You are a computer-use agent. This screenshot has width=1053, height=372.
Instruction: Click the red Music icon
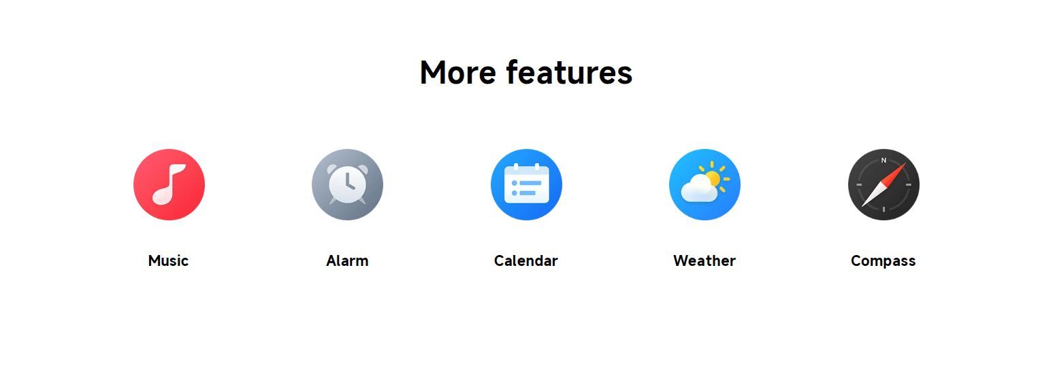(x=169, y=184)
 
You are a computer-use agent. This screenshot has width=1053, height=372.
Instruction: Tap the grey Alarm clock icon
(x=347, y=184)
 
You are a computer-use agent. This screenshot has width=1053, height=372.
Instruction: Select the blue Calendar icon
(x=527, y=184)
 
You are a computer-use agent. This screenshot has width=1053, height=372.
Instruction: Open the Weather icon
(x=704, y=184)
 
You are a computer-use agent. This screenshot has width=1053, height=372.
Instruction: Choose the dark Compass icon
(x=884, y=184)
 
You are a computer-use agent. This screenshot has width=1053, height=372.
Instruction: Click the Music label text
(x=168, y=260)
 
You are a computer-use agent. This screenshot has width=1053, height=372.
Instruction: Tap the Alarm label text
(x=347, y=260)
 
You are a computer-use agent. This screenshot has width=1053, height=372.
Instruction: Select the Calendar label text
(x=526, y=260)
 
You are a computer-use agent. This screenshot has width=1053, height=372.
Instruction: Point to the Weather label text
(x=704, y=260)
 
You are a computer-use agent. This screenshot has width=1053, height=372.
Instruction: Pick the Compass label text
(x=884, y=261)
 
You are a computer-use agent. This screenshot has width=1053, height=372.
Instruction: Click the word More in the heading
(x=458, y=73)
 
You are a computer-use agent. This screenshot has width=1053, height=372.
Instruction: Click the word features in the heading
(x=569, y=73)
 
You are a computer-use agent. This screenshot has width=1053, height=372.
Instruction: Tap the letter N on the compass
(x=884, y=160)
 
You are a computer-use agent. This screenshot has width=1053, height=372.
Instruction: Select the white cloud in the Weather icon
(x=700, y=190)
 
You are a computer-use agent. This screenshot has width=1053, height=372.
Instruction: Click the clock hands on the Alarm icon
(x=349, y=182)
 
